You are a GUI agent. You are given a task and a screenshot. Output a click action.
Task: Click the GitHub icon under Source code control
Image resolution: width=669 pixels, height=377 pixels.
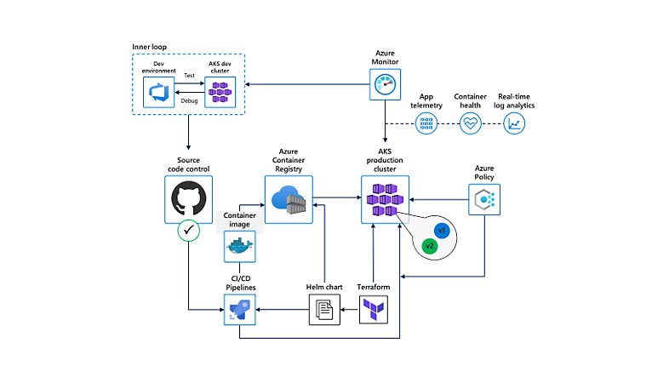pos(187,201)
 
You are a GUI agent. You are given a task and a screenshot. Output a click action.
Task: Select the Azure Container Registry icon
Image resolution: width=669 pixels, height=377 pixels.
pos(289,200)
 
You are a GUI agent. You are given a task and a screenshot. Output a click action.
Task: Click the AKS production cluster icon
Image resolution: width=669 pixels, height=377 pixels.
pos(385,200)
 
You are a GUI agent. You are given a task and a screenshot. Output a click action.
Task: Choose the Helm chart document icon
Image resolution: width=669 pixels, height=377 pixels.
pos(323,312)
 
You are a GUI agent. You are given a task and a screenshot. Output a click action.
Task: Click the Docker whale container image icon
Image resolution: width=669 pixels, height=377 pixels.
pos(239,248)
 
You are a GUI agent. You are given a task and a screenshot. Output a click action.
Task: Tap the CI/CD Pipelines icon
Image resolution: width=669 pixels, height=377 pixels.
pos(239,311)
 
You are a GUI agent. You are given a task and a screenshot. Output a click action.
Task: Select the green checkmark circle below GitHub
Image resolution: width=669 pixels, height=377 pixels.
pos(187,231)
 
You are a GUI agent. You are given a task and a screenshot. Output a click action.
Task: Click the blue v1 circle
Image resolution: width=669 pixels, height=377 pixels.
pos(441,231)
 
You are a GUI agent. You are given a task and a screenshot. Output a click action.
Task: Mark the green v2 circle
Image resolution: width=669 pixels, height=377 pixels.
pos(431,246)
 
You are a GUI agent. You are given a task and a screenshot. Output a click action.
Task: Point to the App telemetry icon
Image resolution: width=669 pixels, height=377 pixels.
pos(426,123)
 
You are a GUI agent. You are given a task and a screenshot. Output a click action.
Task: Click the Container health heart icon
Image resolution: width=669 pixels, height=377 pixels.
pos(470,123)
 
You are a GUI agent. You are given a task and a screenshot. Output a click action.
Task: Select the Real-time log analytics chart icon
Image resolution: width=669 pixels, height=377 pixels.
pos(515,123)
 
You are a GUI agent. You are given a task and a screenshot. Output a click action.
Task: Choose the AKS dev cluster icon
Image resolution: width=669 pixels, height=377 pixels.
pos(220,89)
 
